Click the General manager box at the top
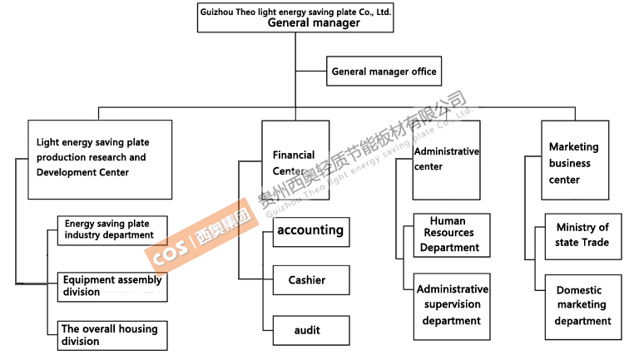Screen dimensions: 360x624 pos(295,17)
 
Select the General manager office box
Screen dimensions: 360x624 pos(384,72)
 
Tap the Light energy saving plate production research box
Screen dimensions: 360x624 pos(100,159)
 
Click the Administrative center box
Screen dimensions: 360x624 pos(446,160)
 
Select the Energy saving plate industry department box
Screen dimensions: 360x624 pos(111,229)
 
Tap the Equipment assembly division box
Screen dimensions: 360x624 pos(111,286)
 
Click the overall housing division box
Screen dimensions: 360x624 pos(111,335)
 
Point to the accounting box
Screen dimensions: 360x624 pos(310,230)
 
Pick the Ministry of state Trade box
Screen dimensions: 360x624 pos(582,235)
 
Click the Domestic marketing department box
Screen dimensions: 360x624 pos(582,306)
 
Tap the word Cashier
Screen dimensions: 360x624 pos(307,280)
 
